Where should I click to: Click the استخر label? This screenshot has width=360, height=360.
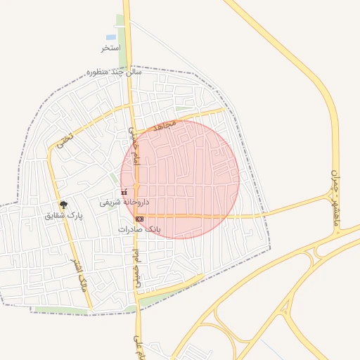pos(110,48)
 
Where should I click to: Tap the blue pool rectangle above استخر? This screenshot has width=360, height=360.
pos(110,37)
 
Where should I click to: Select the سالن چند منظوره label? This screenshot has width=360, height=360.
pos(115,72)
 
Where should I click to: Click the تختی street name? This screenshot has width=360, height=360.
pos(65,138)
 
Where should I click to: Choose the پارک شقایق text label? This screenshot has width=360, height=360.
pos(64,215)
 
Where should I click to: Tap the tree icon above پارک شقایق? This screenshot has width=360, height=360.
pos(64,205)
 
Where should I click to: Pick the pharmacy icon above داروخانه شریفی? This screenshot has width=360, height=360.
pos(124,192)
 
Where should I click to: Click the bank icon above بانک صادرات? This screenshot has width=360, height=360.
pos(139,219)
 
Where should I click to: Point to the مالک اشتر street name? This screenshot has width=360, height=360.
pos(79,274)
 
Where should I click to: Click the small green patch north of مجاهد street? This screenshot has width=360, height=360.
pos(184,110)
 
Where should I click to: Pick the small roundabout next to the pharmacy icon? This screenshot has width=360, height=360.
pos(136,185)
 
